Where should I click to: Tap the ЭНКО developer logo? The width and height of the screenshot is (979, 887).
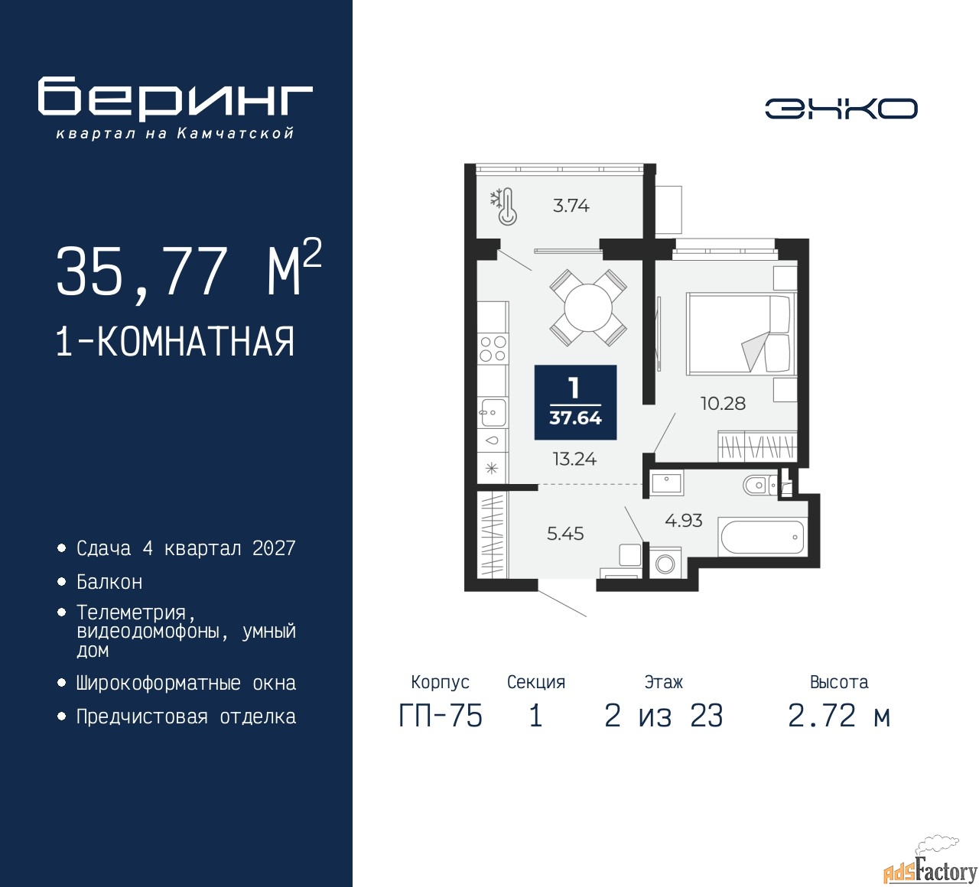(x=841, y=109)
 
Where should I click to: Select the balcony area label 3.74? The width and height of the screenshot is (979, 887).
(x=571, y=206)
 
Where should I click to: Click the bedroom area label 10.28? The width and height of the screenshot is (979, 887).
(x=723, y=404)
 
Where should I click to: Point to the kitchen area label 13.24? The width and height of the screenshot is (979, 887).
(x=574, y=459)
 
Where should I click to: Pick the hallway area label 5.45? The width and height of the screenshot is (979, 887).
(x=565, y=533)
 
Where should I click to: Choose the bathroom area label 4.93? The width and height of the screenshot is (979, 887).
(x=684, y=521)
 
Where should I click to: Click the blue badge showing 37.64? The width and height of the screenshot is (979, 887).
(x=575, y=402)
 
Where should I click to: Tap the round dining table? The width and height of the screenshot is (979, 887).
(x=588, y=308)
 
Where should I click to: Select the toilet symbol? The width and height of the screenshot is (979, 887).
(x=759, y=486)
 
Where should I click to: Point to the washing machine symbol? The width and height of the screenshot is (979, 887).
(x=665, y=564)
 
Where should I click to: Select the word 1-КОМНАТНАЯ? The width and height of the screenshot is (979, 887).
(x=176, y=342)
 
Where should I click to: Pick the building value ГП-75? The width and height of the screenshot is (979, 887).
(x=441, y=716)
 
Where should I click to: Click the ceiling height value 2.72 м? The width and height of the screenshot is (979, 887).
(x=839, y=716)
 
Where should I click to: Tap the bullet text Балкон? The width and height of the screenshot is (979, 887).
(x=109, y=582)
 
